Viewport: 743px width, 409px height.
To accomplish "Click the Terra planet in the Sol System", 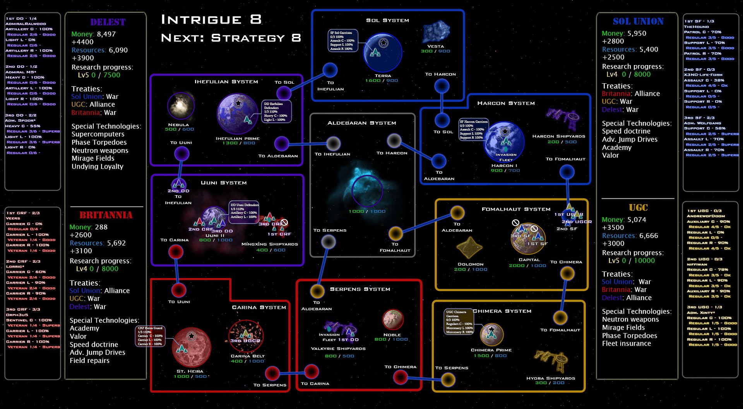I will (382, 52).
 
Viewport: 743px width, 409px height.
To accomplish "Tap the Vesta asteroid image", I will (436, 32).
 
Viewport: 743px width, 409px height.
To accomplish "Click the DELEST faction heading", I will (108, 22).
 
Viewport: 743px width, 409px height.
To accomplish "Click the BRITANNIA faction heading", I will (106, 215).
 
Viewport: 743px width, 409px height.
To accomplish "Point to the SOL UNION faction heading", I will (638, 21).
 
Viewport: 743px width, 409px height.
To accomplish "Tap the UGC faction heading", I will (638, 208).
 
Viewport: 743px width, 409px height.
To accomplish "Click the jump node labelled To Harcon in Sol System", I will (442, 86).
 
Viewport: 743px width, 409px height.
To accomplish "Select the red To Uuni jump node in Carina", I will (179, 290).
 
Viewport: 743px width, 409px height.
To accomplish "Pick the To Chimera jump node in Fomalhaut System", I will (567, 273).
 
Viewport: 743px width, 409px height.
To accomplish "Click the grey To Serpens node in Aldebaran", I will (329, 242).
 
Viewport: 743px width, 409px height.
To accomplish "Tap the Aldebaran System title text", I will (361, 123).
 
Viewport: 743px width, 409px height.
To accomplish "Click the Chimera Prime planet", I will (491, 334).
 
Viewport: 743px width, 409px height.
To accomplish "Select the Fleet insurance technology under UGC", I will (626, 344).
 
